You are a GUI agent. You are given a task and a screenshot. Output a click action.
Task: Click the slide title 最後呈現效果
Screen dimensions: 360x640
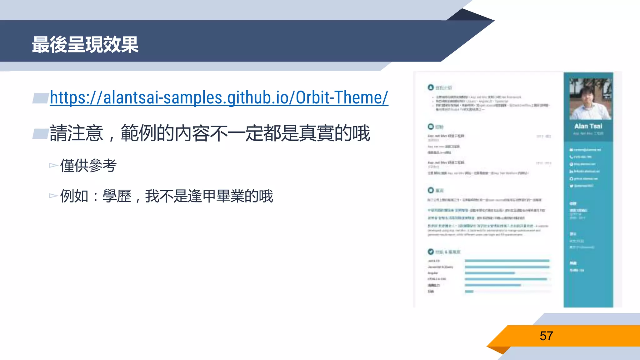85,45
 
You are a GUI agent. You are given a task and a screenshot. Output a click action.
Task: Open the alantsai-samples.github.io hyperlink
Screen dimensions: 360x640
219,97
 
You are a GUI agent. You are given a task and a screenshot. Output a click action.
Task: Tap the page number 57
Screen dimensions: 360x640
546,336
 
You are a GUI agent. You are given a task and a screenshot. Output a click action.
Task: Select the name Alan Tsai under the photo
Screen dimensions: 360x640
588,126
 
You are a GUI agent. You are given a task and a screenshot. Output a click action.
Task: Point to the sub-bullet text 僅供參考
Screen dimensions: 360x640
88,165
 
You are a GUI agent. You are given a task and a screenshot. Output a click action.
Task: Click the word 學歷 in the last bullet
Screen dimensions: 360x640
117,196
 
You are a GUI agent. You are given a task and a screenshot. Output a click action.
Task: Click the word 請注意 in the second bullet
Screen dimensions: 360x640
76,133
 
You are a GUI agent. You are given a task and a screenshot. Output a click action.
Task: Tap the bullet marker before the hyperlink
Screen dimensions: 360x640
41,98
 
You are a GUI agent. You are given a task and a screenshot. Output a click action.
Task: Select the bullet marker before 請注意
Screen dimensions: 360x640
41,134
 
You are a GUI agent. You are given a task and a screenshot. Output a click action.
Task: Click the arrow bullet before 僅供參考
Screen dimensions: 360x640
53,165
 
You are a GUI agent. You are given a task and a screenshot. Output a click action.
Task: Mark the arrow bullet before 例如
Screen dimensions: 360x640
53,196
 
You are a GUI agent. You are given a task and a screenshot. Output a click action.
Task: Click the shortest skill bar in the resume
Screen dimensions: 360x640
469,292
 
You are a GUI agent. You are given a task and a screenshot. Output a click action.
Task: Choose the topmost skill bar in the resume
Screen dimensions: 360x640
507,261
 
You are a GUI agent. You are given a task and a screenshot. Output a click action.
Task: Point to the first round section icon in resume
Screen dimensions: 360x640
431,87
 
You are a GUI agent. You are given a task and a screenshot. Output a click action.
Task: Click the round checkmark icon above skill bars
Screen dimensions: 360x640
431,252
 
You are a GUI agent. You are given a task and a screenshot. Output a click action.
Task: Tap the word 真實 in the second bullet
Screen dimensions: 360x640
316,133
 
